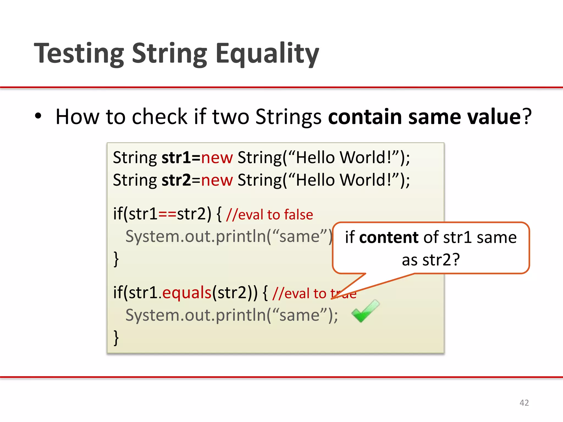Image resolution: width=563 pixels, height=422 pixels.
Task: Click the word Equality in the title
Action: pos(267,54)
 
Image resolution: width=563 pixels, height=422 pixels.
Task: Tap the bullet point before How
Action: pos(38,116)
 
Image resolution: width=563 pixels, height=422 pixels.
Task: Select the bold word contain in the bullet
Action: pos(365,116)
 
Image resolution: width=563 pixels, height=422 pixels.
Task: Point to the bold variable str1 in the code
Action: pos(176,158)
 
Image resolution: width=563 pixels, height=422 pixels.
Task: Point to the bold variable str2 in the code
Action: pos(176,180)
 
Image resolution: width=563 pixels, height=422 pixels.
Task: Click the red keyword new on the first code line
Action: pos(217,158)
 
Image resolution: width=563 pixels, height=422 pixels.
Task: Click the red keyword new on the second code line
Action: pos(217,180)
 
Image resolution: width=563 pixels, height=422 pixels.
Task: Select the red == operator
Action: pos(167,214)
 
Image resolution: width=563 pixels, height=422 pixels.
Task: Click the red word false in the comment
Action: pos(299,215)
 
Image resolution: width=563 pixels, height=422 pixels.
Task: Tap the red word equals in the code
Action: pos(187,292)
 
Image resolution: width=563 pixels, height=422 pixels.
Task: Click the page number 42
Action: pos(524,403)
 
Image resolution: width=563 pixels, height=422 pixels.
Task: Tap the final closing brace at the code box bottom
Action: pos(116,338)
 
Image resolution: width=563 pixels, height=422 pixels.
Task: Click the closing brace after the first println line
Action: pos(116,259)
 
